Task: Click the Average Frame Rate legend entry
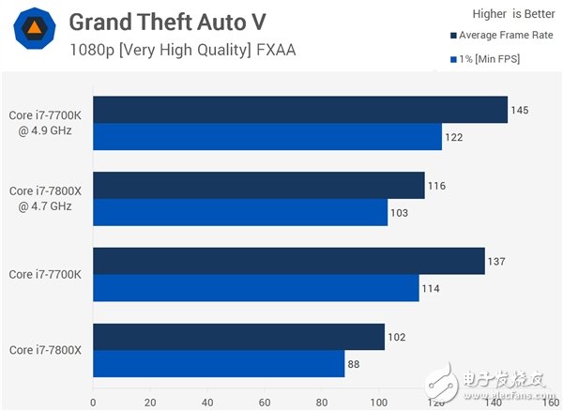click(507, 37)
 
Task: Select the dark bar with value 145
click(300, 110)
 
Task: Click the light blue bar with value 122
click(267, 137)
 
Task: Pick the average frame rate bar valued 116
click(259, 186)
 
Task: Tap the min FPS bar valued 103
click(240, 212)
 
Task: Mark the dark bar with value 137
click(289, 262)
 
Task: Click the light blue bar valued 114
click(256, 288)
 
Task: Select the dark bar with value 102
click(238, 337)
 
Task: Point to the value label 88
click(354, 364)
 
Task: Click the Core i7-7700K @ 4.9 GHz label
click(44, 123)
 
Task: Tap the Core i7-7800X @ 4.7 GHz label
click(44, 199)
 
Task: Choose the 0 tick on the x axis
click(93, 403)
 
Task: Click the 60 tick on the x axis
click(263, 403)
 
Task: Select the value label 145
click(519, 110)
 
